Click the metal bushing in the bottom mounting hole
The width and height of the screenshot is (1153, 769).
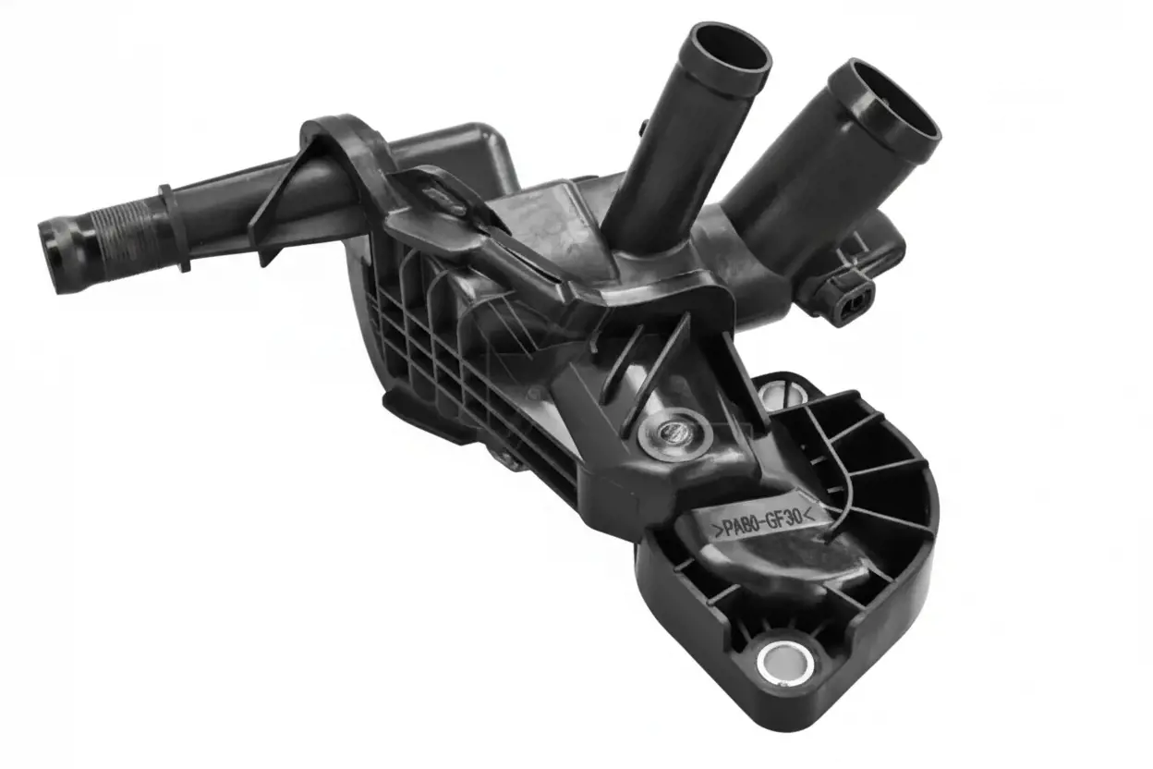785,664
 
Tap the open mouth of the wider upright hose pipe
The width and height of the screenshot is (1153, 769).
886,102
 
